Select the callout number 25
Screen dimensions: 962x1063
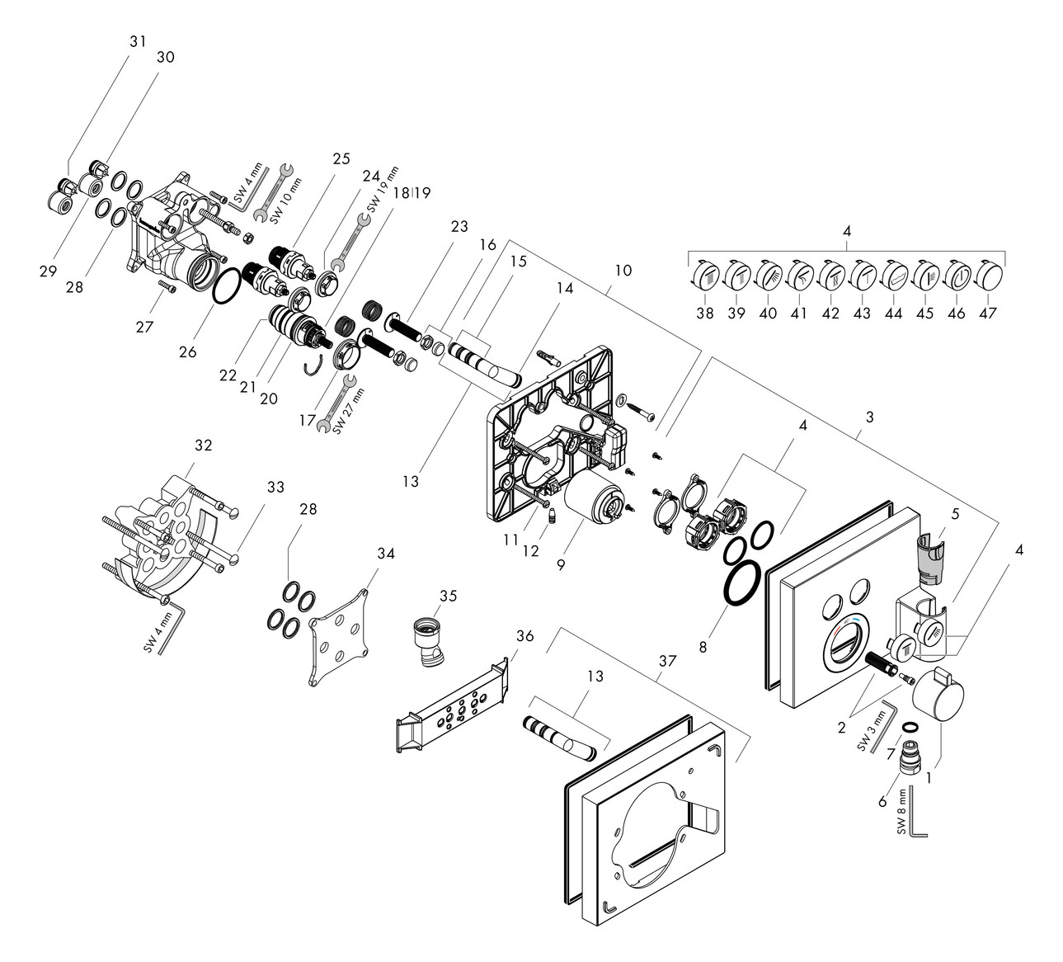coord(319,158)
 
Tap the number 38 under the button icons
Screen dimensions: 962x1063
coord(703,313)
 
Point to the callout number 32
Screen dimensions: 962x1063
coord(203,445)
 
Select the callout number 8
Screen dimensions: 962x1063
coord(703,648)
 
